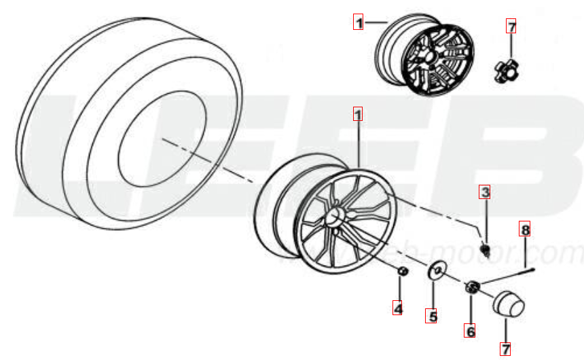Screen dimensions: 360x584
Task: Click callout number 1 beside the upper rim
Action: tap(358, 22)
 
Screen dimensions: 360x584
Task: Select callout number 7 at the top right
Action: tap(511, 27)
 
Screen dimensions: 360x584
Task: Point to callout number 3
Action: tap(484, 192)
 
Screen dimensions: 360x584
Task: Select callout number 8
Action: tap(524, 229)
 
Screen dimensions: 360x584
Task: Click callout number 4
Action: tap(398, 309)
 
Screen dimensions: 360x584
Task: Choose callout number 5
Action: tap(431, 316)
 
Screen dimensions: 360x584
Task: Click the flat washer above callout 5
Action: tap(435, 272)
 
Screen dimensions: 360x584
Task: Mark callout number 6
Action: tap(469, 331)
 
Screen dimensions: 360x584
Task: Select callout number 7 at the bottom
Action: tap(505, 349)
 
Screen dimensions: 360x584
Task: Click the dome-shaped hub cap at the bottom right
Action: tap(508, 303)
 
